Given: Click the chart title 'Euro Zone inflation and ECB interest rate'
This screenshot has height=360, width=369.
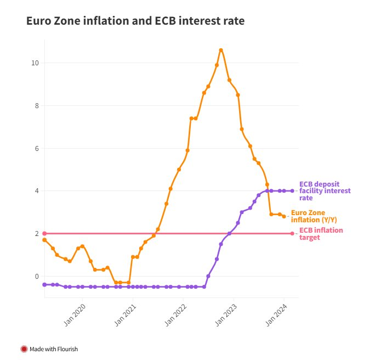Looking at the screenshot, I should (x=135, y=21).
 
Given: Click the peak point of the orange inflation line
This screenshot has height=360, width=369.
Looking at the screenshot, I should (x=221, y=50).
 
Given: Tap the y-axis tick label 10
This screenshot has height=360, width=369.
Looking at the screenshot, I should (x=35, y=63).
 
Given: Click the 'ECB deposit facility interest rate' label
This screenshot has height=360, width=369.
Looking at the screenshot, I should (x=325, y=191).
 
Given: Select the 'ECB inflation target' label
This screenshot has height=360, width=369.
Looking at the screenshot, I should (x=321, y=234).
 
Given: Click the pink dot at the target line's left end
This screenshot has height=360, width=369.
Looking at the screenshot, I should (x=44, y=233).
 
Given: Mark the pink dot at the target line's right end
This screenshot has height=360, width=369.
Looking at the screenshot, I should (x=292, y=233).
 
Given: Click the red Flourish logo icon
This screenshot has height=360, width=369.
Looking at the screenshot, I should (x=24, y=348).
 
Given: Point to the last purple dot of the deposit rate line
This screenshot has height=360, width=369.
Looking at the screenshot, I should (x=292, y=191).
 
